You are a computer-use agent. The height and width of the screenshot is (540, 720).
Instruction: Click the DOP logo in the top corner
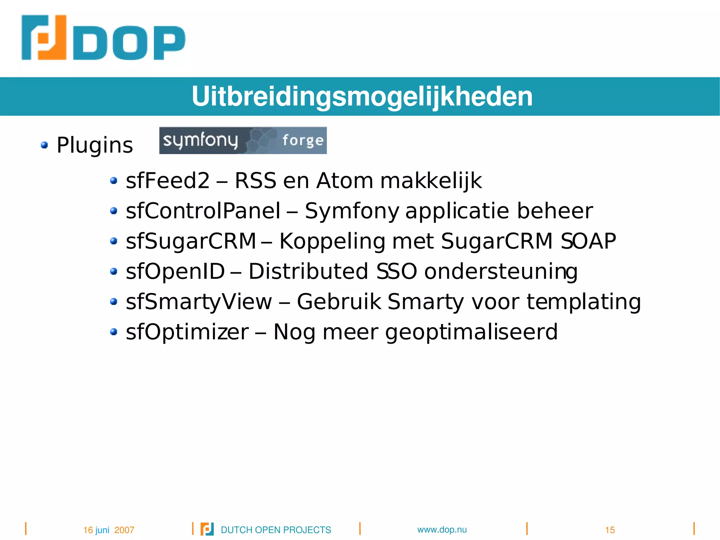103,38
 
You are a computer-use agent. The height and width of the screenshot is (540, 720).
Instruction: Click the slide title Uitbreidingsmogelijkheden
362,96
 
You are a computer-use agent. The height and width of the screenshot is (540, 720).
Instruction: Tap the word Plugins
95,145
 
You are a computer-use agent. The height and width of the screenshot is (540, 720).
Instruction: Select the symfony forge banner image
243,140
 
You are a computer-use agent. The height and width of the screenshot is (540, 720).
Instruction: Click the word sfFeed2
168,181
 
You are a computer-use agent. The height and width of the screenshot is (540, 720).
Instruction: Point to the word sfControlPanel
203,211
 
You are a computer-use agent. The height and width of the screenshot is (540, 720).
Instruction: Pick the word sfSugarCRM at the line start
191,241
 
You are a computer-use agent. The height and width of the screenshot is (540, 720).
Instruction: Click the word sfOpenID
175,272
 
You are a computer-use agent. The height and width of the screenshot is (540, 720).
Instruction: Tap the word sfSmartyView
199,302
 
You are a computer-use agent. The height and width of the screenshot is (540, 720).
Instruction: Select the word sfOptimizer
187,332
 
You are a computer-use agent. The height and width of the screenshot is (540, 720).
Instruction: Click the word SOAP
588,241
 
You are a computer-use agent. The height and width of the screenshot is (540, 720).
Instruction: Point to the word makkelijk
431,181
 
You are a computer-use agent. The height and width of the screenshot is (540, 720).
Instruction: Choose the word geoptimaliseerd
471,332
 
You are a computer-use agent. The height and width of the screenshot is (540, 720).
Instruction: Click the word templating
584,302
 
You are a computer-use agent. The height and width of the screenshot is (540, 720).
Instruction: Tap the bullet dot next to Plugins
44,145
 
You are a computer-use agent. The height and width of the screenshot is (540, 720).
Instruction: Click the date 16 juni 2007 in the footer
109,530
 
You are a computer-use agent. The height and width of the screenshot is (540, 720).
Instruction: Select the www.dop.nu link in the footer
442,529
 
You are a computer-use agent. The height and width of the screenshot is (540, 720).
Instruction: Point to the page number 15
610,530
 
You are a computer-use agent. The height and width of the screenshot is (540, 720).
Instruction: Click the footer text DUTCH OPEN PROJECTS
276,530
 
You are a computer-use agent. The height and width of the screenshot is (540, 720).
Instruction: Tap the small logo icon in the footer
207,529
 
